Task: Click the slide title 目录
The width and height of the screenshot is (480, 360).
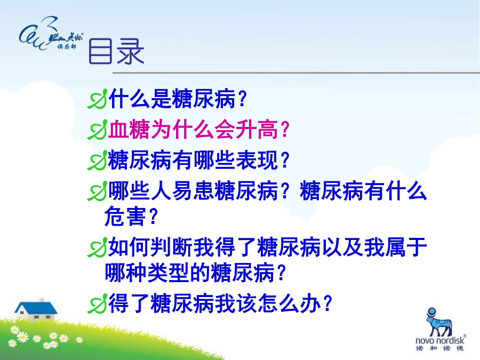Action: coord(116,51)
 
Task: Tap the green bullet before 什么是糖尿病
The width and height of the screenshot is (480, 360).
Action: coord(98,99)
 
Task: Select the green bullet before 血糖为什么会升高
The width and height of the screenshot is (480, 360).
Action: coord(98,130)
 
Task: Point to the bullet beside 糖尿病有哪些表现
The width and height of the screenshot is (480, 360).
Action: coord(98,161)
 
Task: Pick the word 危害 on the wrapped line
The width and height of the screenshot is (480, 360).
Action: coord(125,216)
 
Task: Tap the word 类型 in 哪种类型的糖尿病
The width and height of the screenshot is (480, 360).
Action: coord(168,273)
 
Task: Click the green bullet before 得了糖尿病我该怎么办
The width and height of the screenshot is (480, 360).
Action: coord(98,303)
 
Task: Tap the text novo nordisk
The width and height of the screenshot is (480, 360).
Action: coord(439,340)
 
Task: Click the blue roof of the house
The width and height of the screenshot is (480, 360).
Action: coord(36,308)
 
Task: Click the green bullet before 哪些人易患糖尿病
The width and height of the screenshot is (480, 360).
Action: coord(98,191)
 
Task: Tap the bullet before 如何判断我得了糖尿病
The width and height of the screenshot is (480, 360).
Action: coord(98,247)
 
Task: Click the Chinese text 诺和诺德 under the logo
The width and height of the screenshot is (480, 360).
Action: coord(439,348)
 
